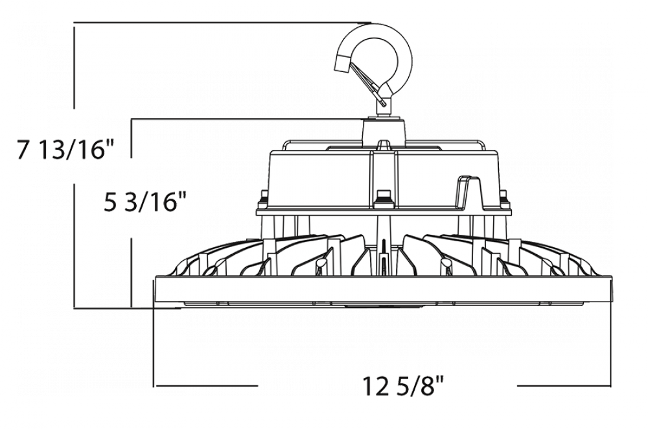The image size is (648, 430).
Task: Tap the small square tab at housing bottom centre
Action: (x=383, y=195)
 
